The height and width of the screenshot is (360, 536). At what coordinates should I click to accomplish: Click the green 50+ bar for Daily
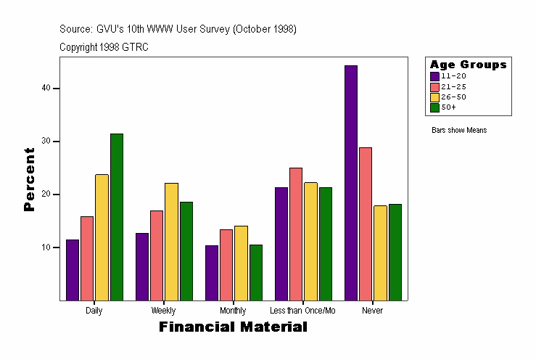point(117,217)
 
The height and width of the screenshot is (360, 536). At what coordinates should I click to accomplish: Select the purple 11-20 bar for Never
point(351,183)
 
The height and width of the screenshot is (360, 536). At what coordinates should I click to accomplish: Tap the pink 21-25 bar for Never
point(366,224)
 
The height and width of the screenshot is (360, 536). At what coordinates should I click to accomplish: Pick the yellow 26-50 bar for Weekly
point(171,242)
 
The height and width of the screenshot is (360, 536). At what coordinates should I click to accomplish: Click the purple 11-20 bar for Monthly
point(212,273)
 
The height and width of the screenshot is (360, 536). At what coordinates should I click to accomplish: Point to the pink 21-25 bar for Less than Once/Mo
point(296,234)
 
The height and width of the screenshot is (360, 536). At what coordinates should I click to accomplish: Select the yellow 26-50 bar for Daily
point(102,237)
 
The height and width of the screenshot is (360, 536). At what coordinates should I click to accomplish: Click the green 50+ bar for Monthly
point(256,272)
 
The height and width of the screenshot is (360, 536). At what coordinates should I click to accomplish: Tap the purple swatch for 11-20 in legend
point(434,75)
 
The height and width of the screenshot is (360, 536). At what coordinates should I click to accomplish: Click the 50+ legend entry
point(448,107)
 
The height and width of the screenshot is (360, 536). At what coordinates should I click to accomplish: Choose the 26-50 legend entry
point(453,97)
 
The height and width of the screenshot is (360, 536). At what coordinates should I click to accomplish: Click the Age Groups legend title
point(468,65)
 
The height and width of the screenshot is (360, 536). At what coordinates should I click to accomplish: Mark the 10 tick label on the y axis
point(46,247)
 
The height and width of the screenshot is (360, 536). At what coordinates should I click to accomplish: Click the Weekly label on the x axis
point(163,311)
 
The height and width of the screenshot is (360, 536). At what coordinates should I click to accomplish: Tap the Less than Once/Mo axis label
point(302,311)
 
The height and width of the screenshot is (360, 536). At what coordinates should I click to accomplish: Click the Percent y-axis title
point(29,179)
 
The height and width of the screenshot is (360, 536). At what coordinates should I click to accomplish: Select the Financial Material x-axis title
point(233,327)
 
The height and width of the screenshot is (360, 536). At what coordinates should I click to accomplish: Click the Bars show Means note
point(459,131)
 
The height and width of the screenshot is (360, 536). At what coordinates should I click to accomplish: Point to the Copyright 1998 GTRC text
point(104,46)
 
